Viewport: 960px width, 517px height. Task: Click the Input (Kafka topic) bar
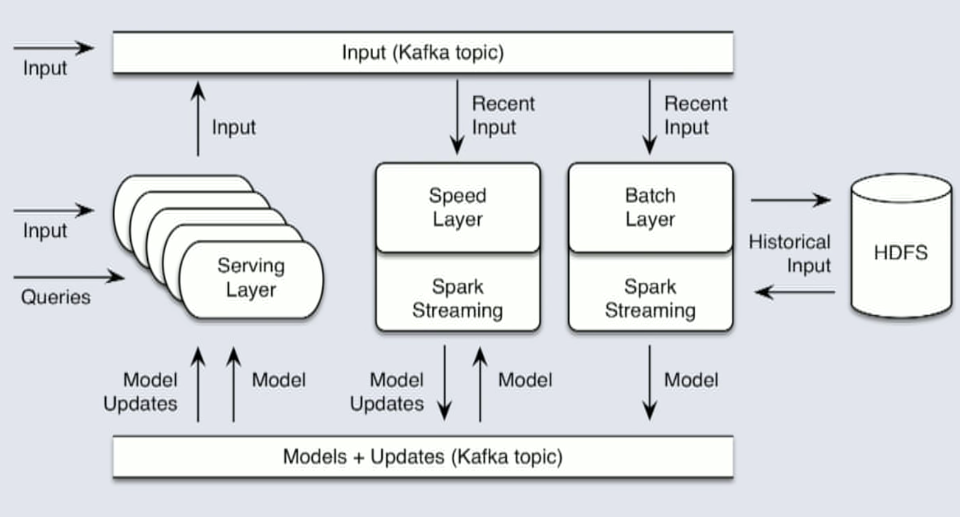point(423,53)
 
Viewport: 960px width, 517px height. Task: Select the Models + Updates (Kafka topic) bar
point(423,457)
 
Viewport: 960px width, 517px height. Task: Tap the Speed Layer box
point(457,207)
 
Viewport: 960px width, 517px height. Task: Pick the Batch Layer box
point(650,207)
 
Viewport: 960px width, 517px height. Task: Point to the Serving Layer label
point(251,277)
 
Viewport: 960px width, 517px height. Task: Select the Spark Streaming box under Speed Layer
point(457,298)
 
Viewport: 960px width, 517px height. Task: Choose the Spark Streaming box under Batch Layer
point(650,298)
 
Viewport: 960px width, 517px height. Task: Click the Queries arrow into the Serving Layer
point(69,277)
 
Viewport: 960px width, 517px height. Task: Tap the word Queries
point(55,297)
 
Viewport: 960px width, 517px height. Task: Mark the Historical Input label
point(790,254)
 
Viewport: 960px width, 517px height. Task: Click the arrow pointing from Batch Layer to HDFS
point(791,200)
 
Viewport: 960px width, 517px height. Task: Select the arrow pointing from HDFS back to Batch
point(795,292)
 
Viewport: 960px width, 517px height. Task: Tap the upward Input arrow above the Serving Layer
point(198,119)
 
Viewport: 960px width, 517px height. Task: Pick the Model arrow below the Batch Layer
point(650,383)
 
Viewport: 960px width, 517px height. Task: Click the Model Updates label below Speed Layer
point(387,392)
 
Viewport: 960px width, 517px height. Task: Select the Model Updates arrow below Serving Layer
point(198,384)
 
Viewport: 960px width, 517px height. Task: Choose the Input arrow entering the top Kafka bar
point(54,47)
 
